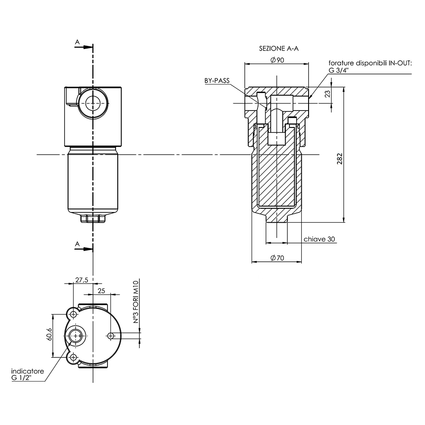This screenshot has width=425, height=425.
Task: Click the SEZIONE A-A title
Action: point(279,48)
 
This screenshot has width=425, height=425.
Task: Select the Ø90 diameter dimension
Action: point(277,60)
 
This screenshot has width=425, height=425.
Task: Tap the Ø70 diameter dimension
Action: point(277,258)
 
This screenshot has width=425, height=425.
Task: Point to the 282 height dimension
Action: point(340,159)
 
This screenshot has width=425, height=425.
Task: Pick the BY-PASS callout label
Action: point(217,80)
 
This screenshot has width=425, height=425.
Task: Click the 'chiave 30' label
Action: point(319,239)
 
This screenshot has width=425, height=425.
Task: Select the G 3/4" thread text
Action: point(339,71)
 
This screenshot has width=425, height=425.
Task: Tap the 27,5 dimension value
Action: point(82,280)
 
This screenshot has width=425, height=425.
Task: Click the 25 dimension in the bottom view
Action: point(101,291)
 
